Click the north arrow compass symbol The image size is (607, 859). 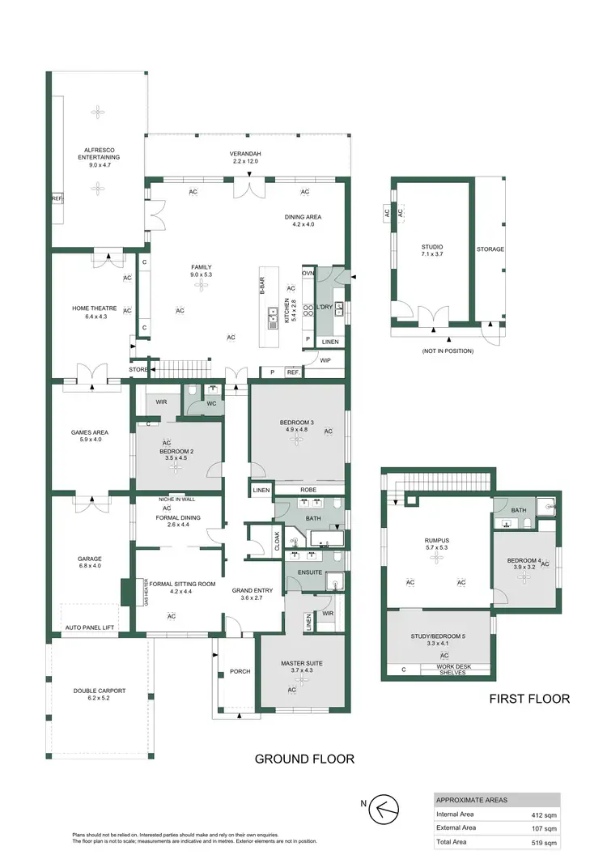[x=385, y=808]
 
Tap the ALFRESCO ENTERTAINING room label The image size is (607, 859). [x=98, y=153]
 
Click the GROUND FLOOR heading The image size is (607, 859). [x=304, y=759]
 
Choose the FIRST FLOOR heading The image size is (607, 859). [x=529, y=699]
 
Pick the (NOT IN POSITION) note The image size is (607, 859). [x=447, y=351]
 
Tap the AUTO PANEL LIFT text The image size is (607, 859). [x=94, y=627]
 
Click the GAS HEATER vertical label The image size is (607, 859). [x=146, y=593]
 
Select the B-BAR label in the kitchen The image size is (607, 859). [x=262, y=286]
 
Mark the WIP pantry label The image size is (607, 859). [x=325, y=359]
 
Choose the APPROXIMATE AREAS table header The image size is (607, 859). [x=473, y=799]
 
